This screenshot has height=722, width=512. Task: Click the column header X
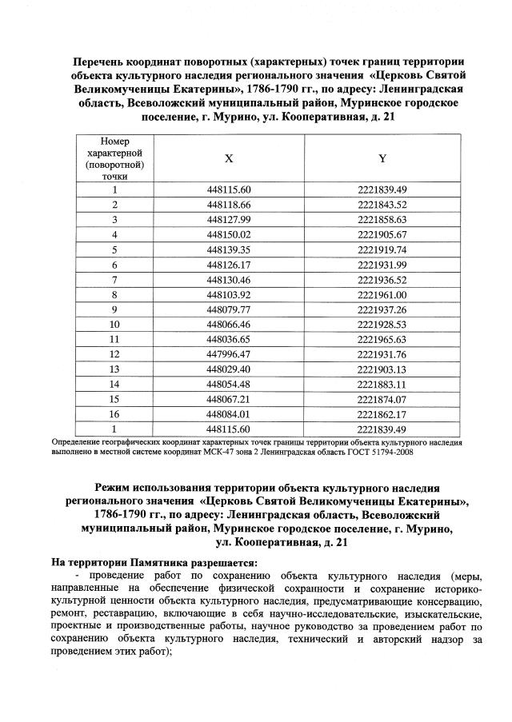[229, 158]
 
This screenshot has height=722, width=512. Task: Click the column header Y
[382, 158]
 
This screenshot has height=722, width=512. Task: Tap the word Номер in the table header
[114, 141]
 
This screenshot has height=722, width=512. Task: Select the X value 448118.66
[229, 205]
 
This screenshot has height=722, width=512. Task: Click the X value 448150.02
[229, 234]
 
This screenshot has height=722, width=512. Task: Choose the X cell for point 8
[229, 294]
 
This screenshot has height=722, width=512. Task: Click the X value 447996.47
[229, 354]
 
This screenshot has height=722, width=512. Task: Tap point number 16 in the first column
[114, 414]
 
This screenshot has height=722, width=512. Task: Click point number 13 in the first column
[114, 369]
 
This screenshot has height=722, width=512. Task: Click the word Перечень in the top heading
[102, 62]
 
